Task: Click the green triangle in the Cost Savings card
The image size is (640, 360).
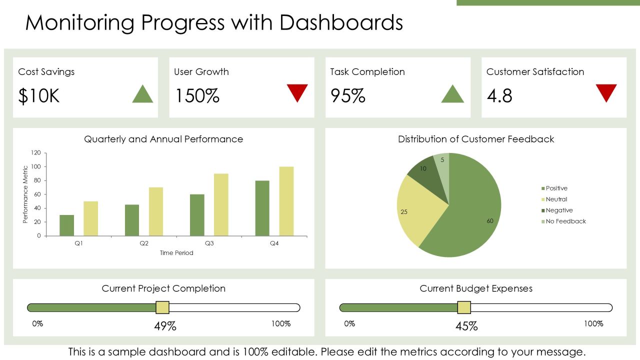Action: pos(142,95)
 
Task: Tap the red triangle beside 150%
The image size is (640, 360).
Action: pos(297,91)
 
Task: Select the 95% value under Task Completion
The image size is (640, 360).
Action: pos(347,95)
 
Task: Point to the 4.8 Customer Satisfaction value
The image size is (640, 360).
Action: pos(499,95)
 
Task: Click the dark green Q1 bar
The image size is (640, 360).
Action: pos(67,225)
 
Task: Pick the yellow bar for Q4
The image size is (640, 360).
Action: pos(286,201)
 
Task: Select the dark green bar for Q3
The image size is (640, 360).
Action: pos(197,215)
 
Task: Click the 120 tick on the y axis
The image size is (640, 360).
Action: pos(36,153)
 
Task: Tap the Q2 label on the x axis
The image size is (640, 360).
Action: pos(144,243)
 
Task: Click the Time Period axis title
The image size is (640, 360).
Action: pos(176,253)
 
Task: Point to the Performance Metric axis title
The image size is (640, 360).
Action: pos(25,194)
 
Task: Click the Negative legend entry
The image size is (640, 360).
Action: pos(557,210)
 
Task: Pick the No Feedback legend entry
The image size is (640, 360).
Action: pos(563,221)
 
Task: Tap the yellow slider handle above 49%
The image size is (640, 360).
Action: pos(162,307)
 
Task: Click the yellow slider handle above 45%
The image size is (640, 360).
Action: pos(464,307)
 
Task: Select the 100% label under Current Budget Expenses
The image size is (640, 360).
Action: pos(593,323)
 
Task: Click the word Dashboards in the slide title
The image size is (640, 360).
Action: pos(341,22)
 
